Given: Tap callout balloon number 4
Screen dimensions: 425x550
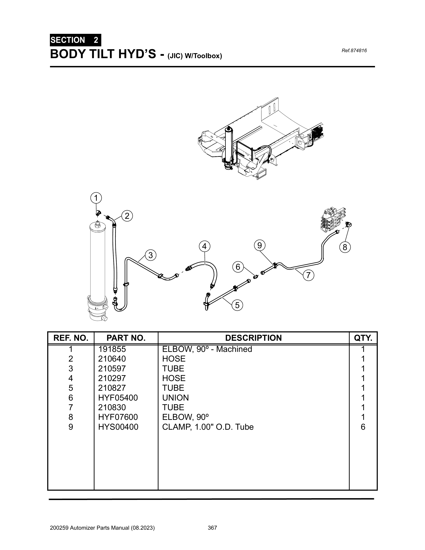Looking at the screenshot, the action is coord(204,246).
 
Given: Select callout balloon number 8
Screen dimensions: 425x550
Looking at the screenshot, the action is coord(345,247).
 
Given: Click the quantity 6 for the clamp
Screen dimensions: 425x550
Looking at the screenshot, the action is coord(363,427).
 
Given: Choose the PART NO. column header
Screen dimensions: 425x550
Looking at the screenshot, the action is coord(126,338).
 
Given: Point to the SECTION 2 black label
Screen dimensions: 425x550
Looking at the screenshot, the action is coord(75,40).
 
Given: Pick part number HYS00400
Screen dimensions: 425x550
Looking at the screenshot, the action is coord(118,427).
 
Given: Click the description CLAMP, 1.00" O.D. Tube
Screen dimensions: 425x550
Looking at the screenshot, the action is coord(208,427).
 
